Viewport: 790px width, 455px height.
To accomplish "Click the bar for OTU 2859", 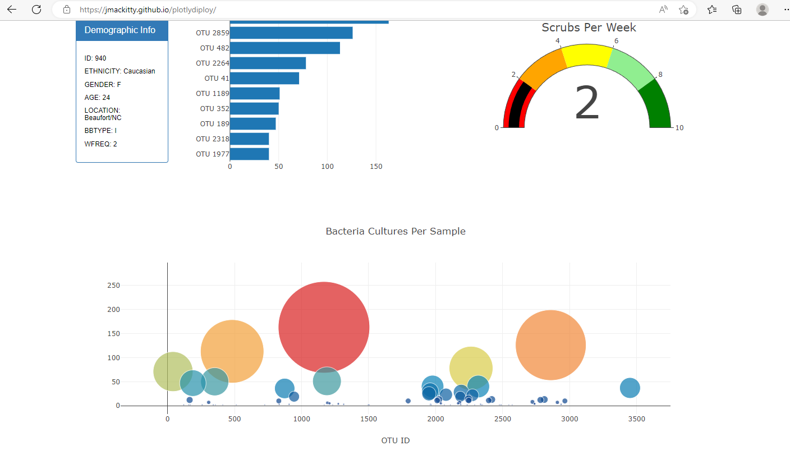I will pos(291,33).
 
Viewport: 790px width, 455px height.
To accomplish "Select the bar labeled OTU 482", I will pos(284,48).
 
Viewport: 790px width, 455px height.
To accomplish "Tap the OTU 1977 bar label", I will pos(212,154).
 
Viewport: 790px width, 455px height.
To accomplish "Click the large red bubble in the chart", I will pos(324,327).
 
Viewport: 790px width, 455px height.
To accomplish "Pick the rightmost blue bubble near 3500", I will pos(630,388).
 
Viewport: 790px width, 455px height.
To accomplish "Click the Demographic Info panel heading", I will pos(120,30).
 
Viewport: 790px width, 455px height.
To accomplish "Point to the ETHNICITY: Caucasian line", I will pos(120,71).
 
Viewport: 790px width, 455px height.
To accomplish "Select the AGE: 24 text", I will pos(97,98).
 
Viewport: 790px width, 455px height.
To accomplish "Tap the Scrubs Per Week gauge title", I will pos(589,27).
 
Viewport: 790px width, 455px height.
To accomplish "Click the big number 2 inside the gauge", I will pos(587,104).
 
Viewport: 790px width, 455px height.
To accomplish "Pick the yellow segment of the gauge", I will pos(586,56).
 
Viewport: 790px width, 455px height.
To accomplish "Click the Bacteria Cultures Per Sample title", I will pos(395,231).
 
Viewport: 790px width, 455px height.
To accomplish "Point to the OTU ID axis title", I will pos(395,440).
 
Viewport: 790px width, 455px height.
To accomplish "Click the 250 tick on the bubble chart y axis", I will pos(113,286).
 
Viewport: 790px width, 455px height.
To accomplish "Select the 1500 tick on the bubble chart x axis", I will pos(368,419).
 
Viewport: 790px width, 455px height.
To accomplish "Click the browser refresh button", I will pos(36,10).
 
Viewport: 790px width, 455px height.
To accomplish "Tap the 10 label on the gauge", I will pos(679,128).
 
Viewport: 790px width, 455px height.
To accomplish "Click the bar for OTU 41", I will pos(264,79).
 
